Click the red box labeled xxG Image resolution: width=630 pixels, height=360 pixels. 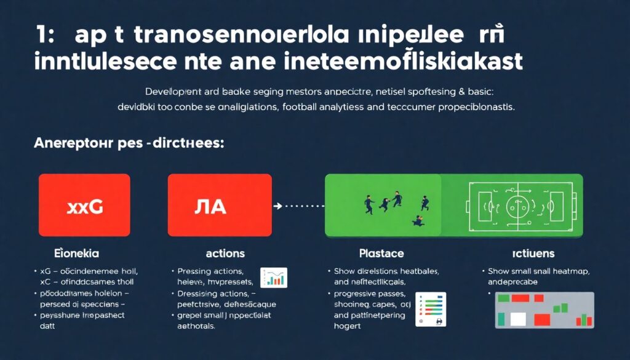tap(84, 206)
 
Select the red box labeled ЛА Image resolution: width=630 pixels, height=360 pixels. tap(220, 206)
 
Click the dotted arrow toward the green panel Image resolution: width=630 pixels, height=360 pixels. tap(298, 206)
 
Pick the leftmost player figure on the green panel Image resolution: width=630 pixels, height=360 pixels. tap(369, 206)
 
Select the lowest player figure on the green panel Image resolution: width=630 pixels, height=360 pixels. tap(418, 220)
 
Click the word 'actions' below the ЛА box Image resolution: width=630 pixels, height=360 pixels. tap(225, 253)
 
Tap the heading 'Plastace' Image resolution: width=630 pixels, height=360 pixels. tap(381, 253)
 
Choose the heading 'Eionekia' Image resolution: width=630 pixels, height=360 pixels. tap(76, 253)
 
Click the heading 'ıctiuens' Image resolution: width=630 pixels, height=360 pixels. tap(533, 253)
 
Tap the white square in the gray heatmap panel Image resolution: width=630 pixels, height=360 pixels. tap(518, 319)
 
